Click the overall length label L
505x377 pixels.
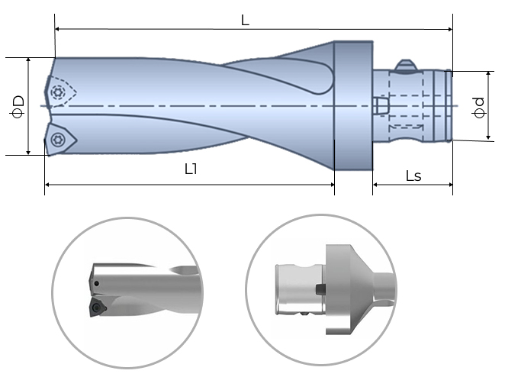[x=245, y=21]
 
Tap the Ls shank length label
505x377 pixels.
[x=413, y=176]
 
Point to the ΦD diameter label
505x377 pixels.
[x=19, y=105]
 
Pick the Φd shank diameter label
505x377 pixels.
[x=478, y=107]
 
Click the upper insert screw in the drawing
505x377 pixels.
[x=59, y=92]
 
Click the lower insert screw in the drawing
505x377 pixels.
[x=58, y=140]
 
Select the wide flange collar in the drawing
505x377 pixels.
[x=353, y=105]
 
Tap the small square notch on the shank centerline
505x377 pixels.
[x=380, y=105]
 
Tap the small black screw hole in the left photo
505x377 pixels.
[x=97, y=284]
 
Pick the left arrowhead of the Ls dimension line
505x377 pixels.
[x=375, y=185]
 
